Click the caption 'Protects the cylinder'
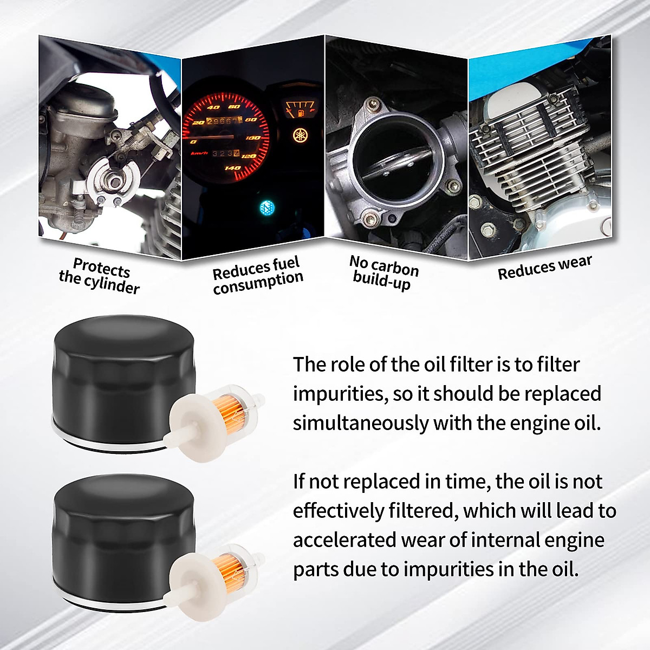[99, 276]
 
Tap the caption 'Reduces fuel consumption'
[257, 276]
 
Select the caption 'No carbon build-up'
[383, 272]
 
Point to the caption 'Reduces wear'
[544, 267]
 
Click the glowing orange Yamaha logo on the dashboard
[299, 134]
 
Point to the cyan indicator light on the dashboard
[266, 207]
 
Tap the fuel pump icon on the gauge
[298, 114]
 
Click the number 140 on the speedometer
[232, 168]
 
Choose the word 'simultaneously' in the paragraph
[361, 423]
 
